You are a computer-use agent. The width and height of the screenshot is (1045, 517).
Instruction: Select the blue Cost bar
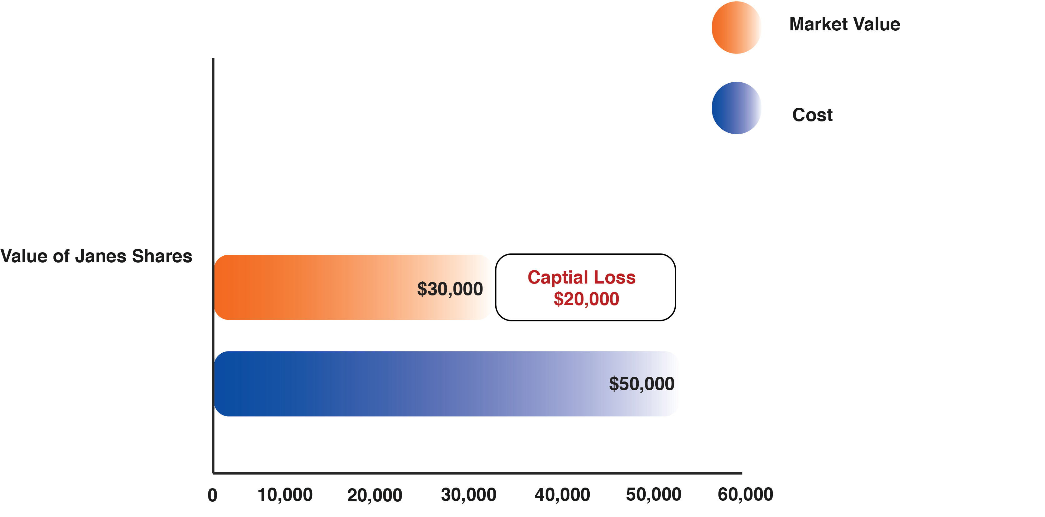[x=406, y=383]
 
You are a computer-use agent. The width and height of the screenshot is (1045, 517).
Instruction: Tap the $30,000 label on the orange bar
[x=450, y=289]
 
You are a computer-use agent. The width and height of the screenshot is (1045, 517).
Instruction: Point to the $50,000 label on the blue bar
[x=641, y=384]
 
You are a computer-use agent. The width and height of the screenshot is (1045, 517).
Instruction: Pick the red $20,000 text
[x=586, y=299]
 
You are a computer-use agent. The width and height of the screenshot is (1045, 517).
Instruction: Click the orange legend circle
[x=736, y=27]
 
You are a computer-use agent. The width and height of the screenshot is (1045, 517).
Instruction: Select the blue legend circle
[x=736, y=108]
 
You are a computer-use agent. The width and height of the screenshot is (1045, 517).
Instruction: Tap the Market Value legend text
[x=845, y=24]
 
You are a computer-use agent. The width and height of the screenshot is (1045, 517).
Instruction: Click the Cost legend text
[x=812, y=115]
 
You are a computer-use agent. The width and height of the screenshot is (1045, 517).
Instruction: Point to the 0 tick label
[x=212, y=495]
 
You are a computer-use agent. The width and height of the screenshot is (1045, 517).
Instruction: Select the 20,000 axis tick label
[x=374, y=495]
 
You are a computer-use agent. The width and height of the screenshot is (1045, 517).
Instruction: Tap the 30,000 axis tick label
[x=468, y=495]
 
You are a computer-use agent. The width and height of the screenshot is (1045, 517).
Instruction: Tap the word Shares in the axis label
[x=162, y=256]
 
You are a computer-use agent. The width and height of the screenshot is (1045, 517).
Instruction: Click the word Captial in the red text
[x=558, y=277]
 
